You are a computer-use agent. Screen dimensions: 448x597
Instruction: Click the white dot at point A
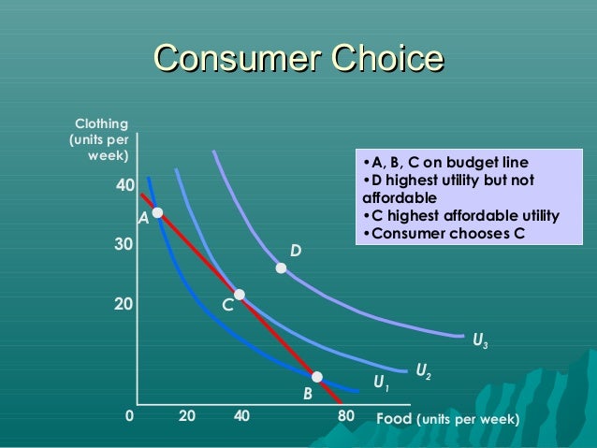click(x=158, y=213)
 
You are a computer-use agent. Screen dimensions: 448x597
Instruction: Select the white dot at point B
click(x=317, y=377)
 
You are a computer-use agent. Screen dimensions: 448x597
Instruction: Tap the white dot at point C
click(x=240, y=295)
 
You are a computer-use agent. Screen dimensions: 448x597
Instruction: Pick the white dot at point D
click(x=281, y=268)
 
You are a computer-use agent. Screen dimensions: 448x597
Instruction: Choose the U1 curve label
click(x=381, y=383)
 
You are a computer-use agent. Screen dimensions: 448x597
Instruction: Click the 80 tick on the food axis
click(x=345, y=416)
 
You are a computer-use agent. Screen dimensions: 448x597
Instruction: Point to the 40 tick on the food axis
click(x=241, y=416)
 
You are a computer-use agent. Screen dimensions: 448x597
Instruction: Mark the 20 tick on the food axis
click(x=186, y=416)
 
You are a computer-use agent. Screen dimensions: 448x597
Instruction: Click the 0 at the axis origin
click(x=130, y=416)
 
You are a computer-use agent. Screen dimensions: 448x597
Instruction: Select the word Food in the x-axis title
click(x=393, y=417)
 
